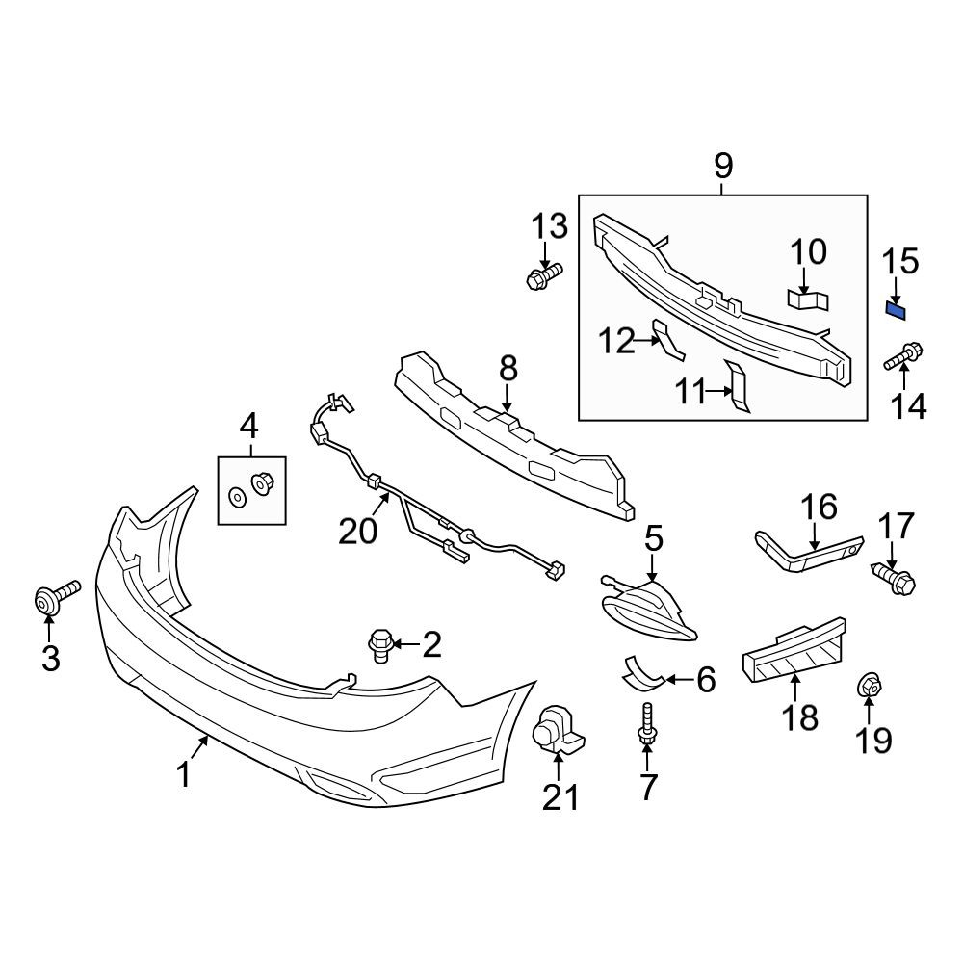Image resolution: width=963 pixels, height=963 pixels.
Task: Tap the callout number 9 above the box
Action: pos(723,166)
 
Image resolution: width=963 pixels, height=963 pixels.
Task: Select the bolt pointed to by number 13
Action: pos(544,275)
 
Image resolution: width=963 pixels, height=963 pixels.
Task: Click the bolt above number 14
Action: pos(903,357)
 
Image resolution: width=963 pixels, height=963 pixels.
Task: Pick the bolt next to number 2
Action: pos(379,645)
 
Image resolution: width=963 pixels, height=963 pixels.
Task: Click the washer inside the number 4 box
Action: pos(236,496)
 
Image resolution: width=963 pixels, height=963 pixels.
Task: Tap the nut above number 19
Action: pos(869,685)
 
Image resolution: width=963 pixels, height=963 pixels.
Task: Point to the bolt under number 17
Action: pos(894,576)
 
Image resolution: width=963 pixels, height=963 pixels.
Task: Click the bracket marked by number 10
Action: pos(807,300)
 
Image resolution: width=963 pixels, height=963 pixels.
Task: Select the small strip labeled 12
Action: pos(667,340)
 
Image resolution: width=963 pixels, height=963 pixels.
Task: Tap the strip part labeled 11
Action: pos(738,386)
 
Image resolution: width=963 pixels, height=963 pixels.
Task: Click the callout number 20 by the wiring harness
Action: pos(358,532)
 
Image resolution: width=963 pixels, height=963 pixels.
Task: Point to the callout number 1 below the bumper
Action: pos(184,775)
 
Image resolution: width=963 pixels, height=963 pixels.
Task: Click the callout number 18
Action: pos(800,717)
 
